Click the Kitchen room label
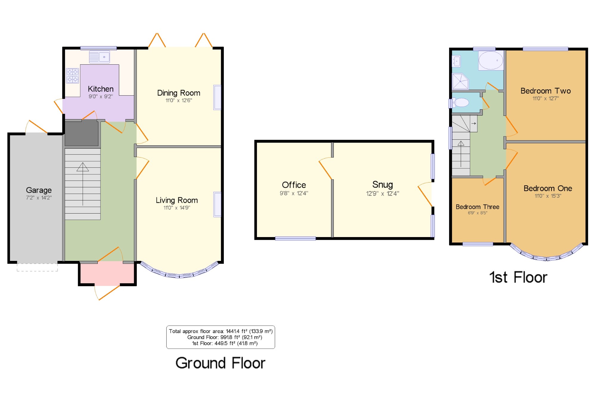(101, 89)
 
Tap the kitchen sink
(100, 57)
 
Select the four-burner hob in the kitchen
(72, 76)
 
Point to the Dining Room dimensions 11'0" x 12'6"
(179, 100)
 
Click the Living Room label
(177, 200)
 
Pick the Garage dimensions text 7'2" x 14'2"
(39, 197)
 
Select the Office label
(294, 185)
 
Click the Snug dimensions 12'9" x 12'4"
(383, 194)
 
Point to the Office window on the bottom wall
(295, 238)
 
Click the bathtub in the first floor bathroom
(491, 60)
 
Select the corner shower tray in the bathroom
(460, 81)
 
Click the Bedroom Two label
(546, 91)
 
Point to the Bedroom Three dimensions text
(477, 213)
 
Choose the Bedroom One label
(548, 188)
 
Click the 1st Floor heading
(518, 277)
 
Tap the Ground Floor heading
(220, 363)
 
